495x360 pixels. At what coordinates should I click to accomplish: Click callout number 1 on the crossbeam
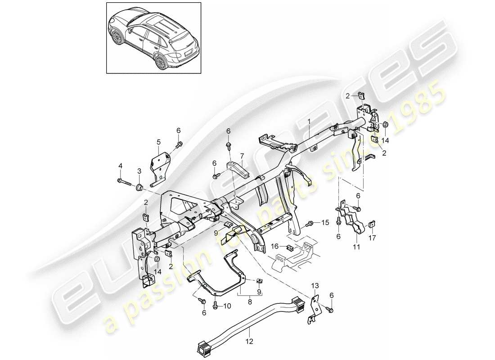tap(309, 121)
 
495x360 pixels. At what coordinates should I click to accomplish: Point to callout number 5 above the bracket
tap(158, 142)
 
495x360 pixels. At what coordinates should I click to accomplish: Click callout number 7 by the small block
tap(241, 157)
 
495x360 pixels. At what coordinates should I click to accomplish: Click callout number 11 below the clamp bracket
tap(356, 247)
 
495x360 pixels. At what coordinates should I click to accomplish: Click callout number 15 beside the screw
tap(326, 223)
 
